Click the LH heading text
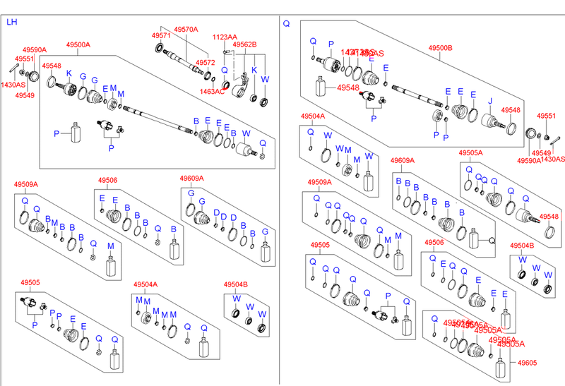click(x=11, y=23)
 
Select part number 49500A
click(x=78, y=44)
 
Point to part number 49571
click(x=161, y=35)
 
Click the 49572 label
click(x=205, y=63)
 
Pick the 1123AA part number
click(x=225, y=37)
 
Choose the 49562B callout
click(x=245, y=44)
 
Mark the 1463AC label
click(x=213, y=92)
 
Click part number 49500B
click(x=440, y=48)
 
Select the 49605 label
click(x=526, y=363)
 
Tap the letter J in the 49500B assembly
click(x=489, y=100)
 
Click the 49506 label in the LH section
click(x=107, y=180)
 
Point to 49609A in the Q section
click(x=403, y=161)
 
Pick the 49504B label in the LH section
click(x=235, y=284)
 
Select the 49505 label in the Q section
click(x=319, y=246)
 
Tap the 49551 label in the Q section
click(x=547, y=116)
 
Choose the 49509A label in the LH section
click(x=25, y=185)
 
